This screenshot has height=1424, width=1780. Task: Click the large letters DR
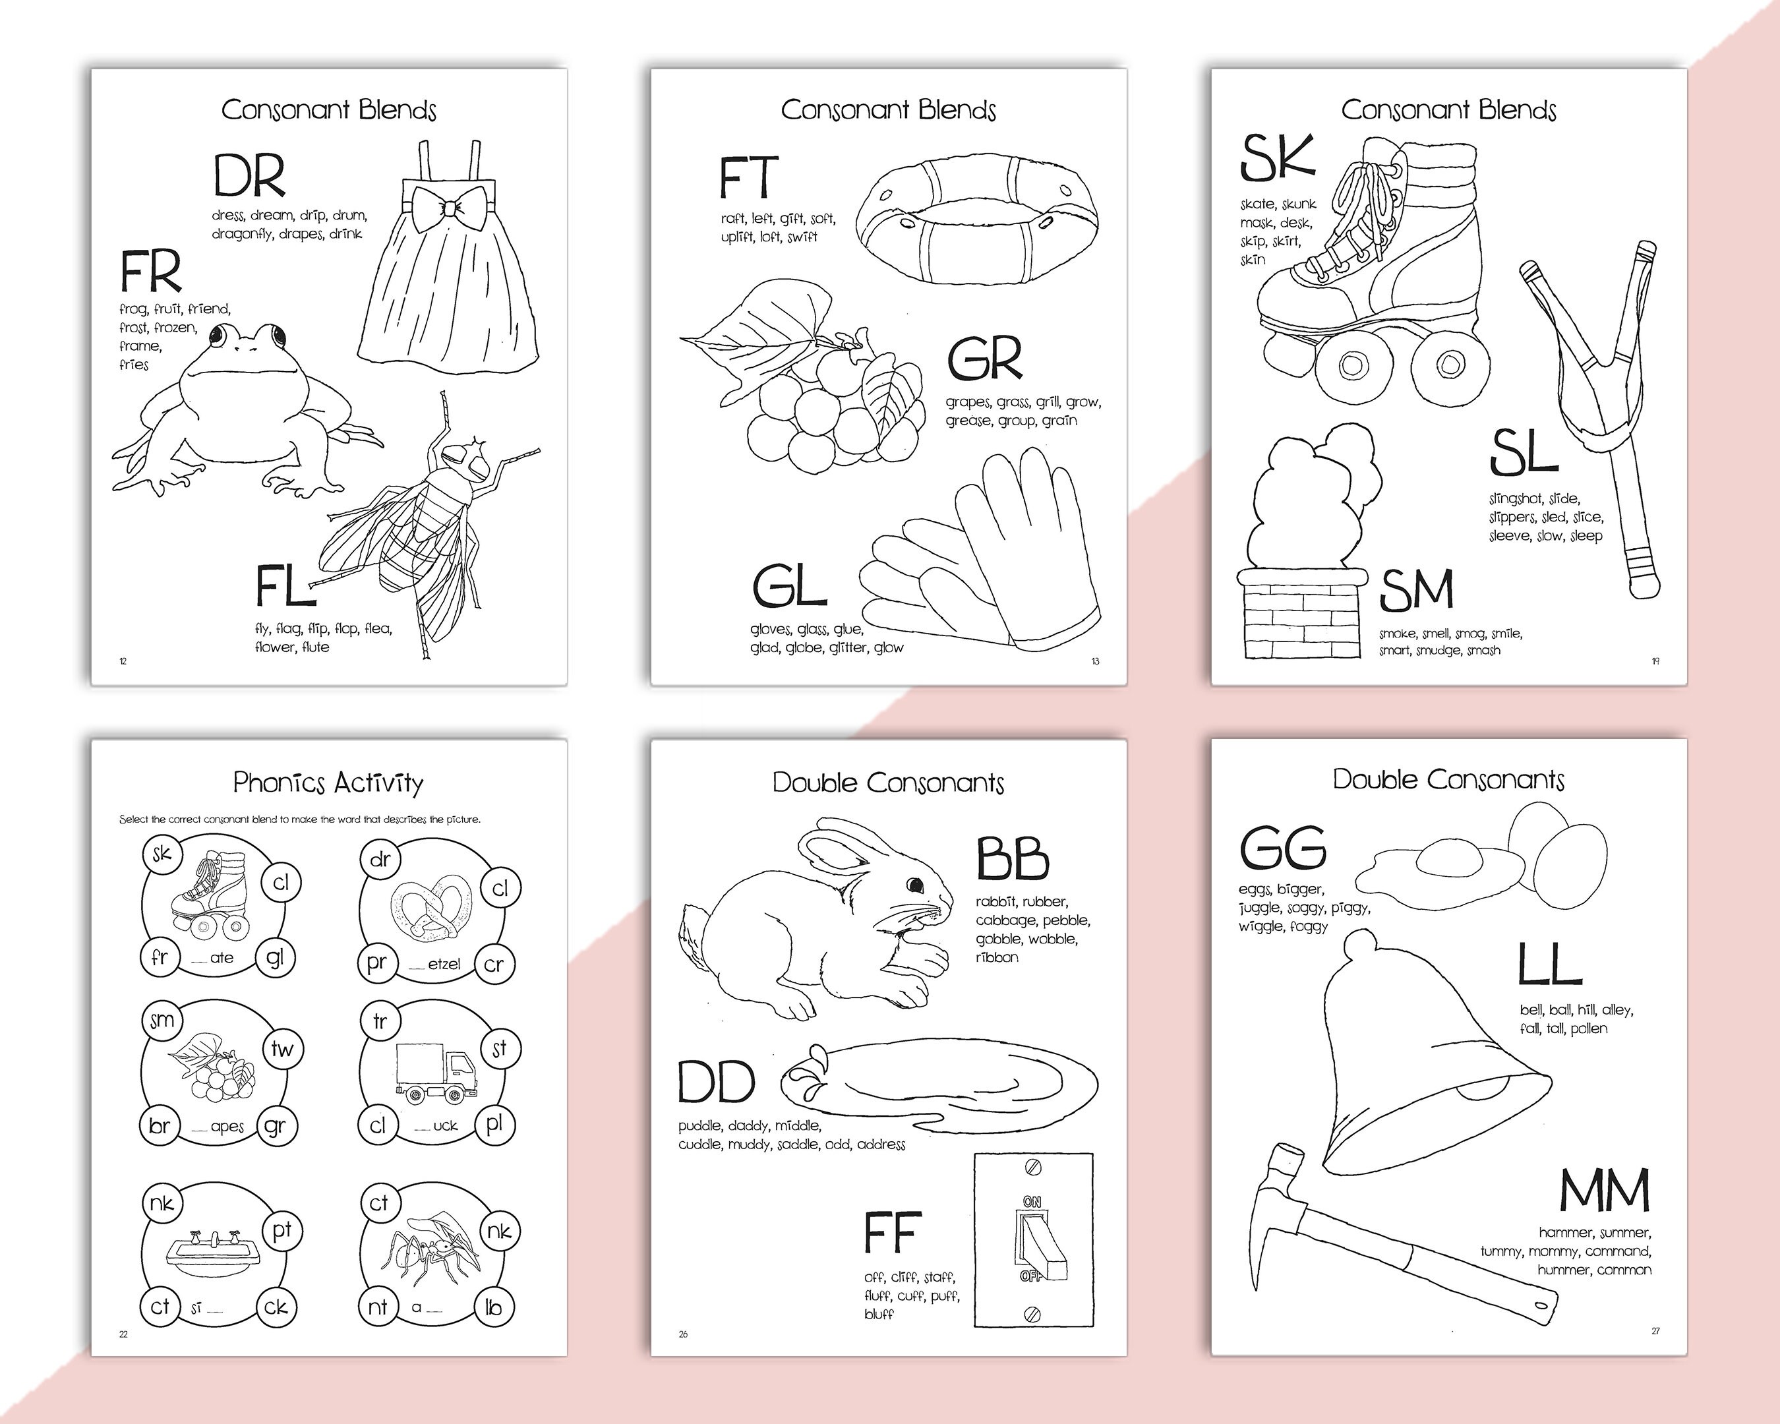coord(249,176)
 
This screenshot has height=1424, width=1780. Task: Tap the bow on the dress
coord(448,203)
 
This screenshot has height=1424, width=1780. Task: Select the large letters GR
coord(984,358)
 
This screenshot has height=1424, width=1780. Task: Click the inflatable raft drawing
coord(976,216)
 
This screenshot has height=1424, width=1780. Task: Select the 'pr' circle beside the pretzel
coord(377,963)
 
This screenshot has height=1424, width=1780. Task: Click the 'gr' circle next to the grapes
coord(276,1126)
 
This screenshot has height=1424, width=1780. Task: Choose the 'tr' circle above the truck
coord(380,1021)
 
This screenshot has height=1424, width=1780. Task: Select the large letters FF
coord(892,1231)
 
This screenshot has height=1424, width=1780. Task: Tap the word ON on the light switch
coord(1032,1202)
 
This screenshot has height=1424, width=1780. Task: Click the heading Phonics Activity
coord(328,782)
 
